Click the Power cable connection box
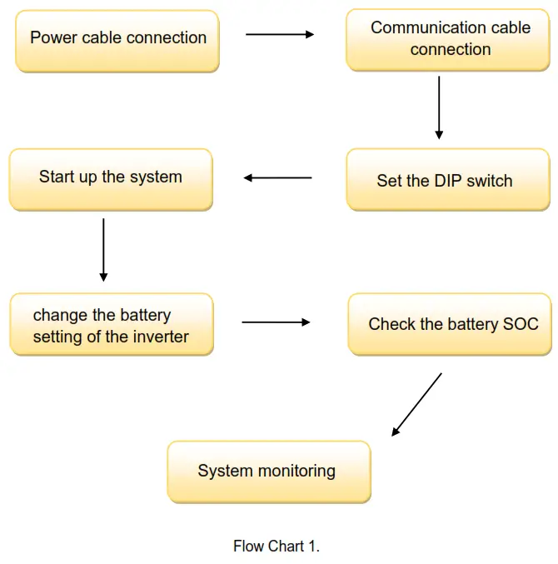click(x=117, y=40)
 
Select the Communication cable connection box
click(x=450, y=39)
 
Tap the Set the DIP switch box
click(x=448, y=179)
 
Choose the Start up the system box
click(x=110, y=178)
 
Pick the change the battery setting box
click(x=111, y=324)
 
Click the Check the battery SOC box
click(x=450, y=324)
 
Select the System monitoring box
click(x=268, y=472)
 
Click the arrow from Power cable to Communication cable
click(x=280, y=35)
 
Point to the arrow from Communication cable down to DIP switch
click(x=439, y=107)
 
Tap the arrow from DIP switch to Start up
click(x=277, y=177)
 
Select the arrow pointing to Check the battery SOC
click(x=276, y=322)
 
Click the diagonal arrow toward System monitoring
click(x=416, y=404)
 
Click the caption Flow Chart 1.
click(x=277, y=547)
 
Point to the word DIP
click(x=448, y=181)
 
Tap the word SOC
click(x=521, y=325)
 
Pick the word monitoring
click(x=296, y=472)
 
